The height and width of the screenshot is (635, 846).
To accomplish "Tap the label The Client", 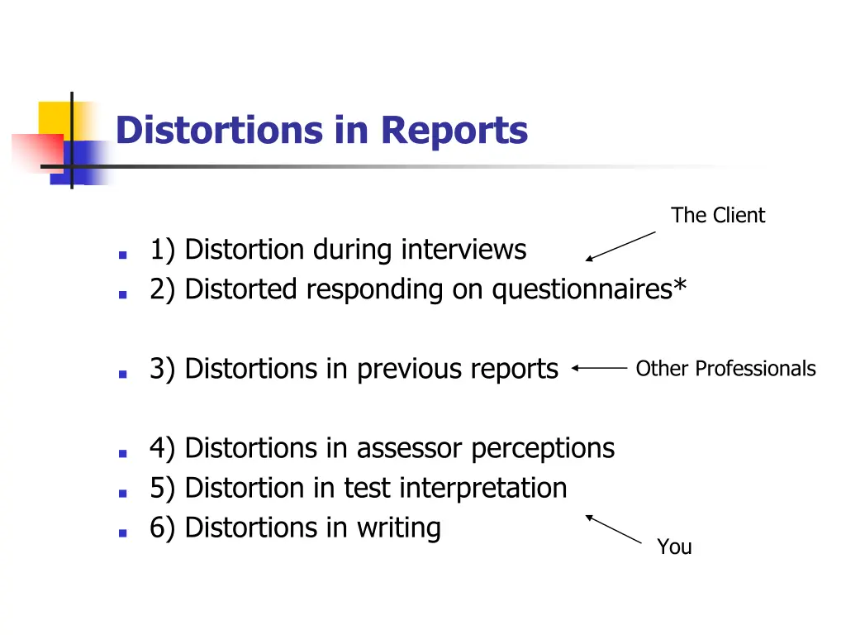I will click(718, 216).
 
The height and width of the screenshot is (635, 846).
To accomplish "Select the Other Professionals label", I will click(725, 369).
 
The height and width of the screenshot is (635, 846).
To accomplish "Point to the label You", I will click(674, 547).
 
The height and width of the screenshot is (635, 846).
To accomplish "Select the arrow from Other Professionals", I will click(599, 369).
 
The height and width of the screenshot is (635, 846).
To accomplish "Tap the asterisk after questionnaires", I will click(679, 285).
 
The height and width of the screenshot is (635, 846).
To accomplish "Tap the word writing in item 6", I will click(398, 528).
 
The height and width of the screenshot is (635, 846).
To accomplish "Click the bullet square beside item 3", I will click(122, 374).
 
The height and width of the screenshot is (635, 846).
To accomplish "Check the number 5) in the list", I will click(163, 488).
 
